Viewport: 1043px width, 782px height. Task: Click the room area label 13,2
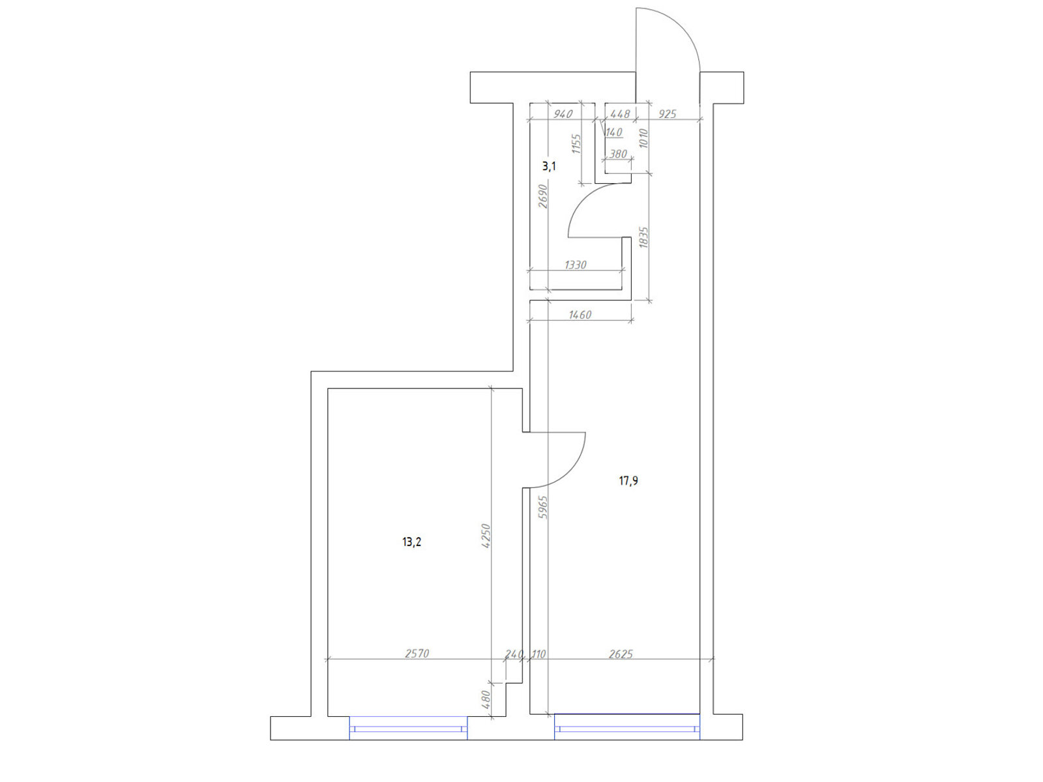(411, 542)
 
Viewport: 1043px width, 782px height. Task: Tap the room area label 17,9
(628, 481)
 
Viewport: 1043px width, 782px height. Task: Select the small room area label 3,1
(549, 166)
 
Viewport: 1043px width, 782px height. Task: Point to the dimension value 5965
(544, 507)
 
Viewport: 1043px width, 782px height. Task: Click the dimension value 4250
(486, 536)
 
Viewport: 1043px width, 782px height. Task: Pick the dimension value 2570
(417, 654)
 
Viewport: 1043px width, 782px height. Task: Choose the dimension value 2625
(621, 654)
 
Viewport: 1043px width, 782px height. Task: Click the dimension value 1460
(580, 314)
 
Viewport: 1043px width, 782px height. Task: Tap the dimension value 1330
(576, 265)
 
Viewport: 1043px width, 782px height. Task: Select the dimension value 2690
(543, 196)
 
